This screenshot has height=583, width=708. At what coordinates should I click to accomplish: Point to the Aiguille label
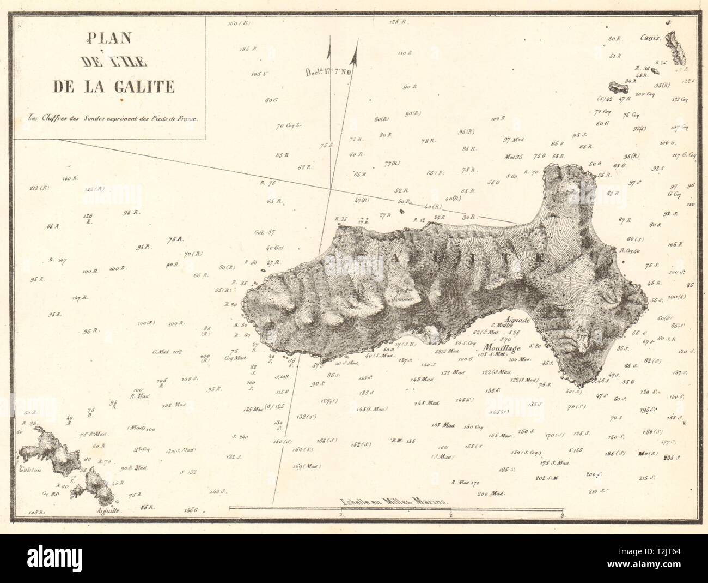pyautogui.click(x=105, y=512)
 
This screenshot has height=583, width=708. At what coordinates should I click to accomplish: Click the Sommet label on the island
pyautogui.click(x=402, y=299)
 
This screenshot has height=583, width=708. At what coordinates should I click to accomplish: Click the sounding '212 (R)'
pyautogui.click(x=40, y=189)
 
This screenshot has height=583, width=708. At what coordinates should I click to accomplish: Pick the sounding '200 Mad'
pyautogui.click(x=491, y=494)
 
